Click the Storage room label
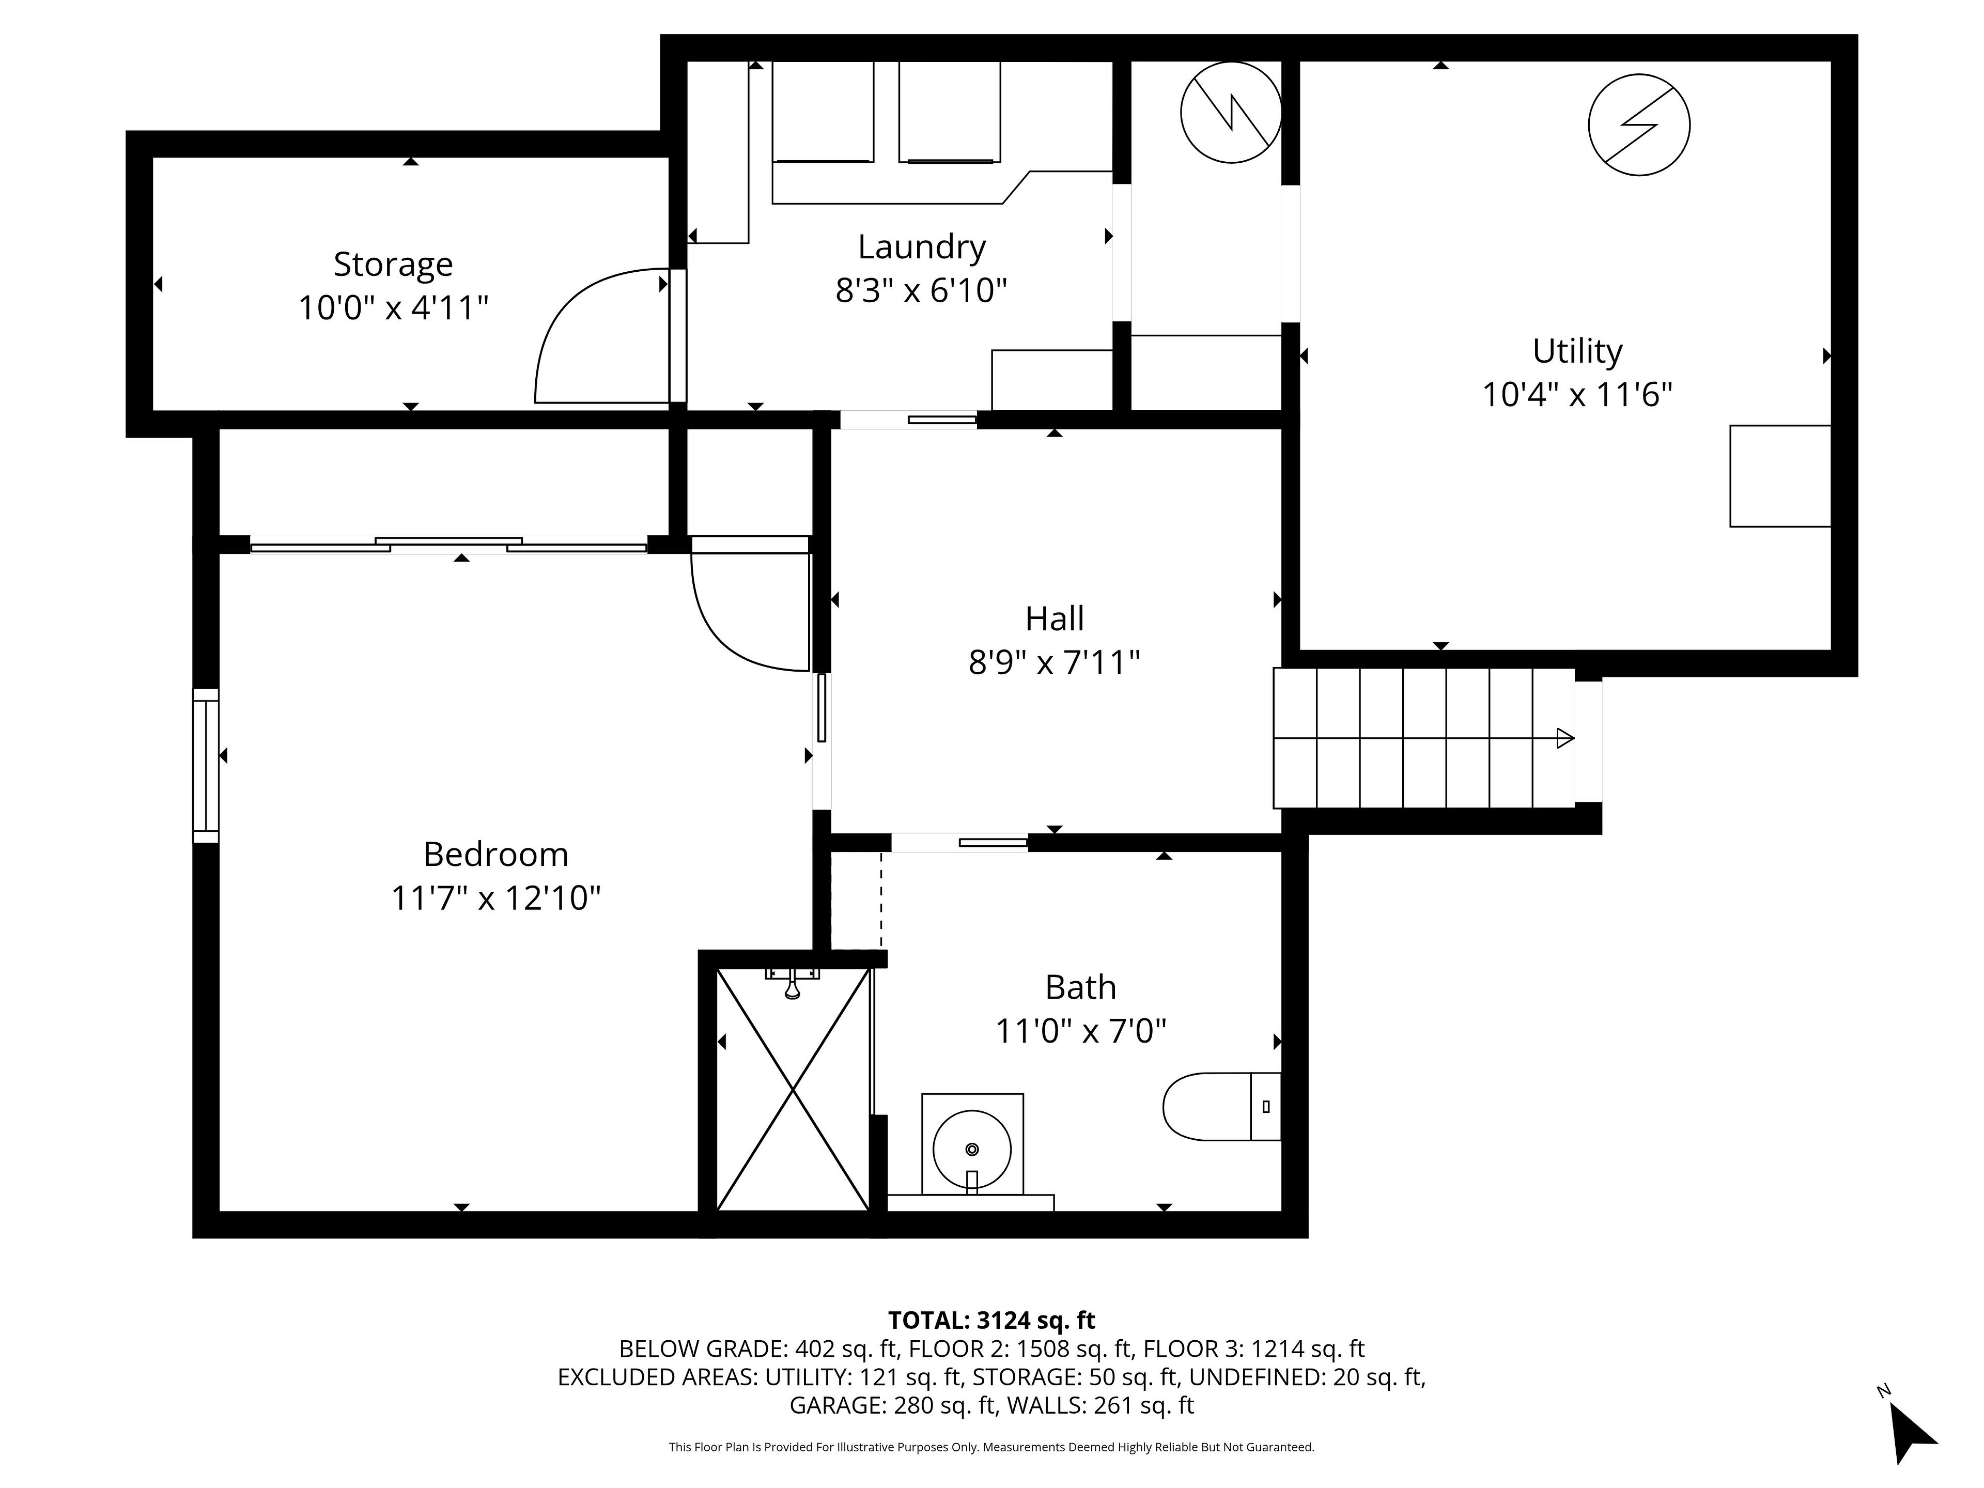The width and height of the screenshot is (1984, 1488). coord(393,265)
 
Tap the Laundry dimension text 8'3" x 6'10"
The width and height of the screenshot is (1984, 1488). coord(921,290)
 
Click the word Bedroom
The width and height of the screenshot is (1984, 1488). coord(496,854)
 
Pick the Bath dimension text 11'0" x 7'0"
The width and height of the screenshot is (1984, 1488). coord(1081,1031)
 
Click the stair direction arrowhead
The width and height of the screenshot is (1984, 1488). coord(1565,738)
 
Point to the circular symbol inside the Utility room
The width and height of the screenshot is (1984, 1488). coord(1639,125)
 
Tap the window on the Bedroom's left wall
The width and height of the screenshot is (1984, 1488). coord(206,765)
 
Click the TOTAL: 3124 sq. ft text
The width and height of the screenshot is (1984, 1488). coord(991,1320)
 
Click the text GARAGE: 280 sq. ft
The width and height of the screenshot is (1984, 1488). coord(892,1405)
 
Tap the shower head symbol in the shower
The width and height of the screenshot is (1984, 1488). coord(792,983)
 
